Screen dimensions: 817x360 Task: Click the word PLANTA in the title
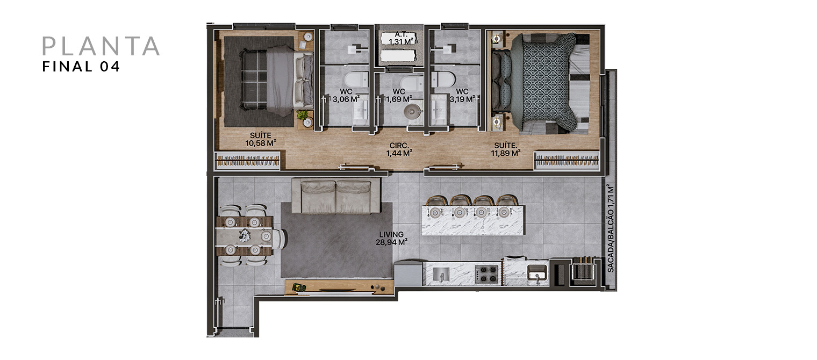point(101,46)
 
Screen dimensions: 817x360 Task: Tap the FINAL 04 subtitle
point(81,67)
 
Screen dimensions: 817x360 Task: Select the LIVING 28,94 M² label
point(391,238)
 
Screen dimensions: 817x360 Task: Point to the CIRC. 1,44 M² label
point(399,149)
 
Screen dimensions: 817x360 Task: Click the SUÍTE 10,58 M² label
point(260,139)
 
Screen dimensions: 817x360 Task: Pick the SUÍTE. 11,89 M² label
point(505,149)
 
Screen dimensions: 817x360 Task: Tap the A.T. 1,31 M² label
point(401,38)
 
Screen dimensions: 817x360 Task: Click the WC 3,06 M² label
point(346,95)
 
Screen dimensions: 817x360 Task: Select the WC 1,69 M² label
point(399,95)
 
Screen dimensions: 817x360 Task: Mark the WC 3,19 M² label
point(462,95)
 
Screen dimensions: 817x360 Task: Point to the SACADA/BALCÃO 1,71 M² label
point(611,229)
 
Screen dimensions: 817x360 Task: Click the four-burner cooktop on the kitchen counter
point(486,274)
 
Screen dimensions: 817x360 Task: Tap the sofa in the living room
point(336,196)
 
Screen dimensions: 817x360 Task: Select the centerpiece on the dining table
point(245,235)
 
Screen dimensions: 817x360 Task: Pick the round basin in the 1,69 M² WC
point(412,111)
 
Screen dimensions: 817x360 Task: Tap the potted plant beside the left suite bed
point(302,115)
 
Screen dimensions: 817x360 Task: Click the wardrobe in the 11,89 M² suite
point(567,161)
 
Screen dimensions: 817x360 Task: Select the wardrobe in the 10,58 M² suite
point(248,161)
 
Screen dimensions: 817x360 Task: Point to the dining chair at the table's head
point(278,237)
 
